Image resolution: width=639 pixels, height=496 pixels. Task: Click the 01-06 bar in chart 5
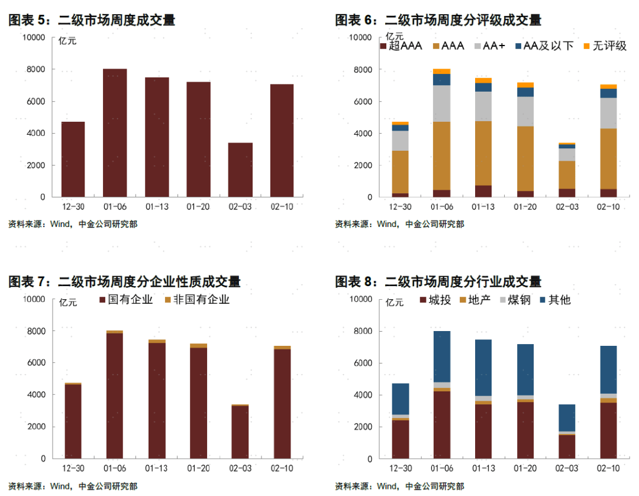tap(115, 133)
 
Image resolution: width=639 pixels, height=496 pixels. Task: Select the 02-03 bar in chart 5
tap(240, 170)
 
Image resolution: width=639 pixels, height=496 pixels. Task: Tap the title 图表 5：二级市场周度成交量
tap(92, 20)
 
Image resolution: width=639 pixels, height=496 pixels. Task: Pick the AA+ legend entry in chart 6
tap(489, 46)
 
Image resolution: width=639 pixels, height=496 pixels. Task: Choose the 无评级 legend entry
tap(605, 46)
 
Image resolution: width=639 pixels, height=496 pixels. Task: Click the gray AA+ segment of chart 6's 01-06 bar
tap(441, 103)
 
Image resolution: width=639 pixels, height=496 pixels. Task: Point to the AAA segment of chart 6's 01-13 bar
tap(483, 153)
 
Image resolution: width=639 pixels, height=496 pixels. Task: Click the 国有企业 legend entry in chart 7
tap(125, 299)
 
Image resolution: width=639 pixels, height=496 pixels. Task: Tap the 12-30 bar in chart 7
tap(73, 421)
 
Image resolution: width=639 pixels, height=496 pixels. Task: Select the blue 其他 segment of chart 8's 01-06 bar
tap(441, 356)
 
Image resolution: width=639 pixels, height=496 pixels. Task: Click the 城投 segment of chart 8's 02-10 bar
tap(608, 430)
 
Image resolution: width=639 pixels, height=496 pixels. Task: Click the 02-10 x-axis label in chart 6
tap(608, 207)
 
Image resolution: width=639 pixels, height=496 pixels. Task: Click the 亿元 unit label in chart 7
tap(68, 303)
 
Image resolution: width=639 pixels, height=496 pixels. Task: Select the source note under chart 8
tap(399, 486)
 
